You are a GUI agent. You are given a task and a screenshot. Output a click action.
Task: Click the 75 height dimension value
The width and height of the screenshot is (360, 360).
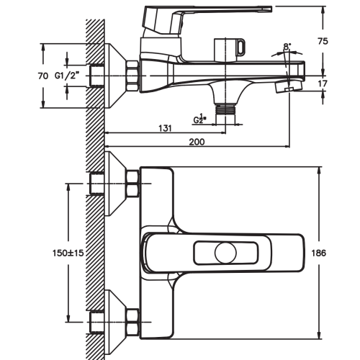tap(323, 41)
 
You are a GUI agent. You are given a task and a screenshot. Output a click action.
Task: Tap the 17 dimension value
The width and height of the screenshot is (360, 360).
tap(323, 84)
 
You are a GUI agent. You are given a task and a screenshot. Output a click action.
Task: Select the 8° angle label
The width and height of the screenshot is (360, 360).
tap(287, 46)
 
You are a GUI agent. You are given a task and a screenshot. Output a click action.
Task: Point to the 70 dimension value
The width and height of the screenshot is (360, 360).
tap(43, 76)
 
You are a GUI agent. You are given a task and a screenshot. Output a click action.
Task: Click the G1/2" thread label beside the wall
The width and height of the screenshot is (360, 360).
tap(67, 76)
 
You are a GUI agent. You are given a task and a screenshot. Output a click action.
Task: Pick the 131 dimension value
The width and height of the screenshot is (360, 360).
tap(165, 128)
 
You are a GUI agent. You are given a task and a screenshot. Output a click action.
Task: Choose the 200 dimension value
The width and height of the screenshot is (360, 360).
tap(197, 142)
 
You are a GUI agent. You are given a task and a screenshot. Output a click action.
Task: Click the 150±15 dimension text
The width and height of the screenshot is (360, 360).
tap(68, 253)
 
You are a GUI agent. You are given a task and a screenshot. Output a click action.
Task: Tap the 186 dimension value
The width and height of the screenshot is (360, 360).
tap(319, 253)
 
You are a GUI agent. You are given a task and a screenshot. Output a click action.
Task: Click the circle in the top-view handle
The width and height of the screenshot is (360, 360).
tap(225, 253)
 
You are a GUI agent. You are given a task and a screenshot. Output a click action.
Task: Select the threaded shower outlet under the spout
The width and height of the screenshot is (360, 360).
tap(225, 109)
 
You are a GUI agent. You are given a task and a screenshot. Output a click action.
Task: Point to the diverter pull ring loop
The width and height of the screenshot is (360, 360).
tap(241, 47)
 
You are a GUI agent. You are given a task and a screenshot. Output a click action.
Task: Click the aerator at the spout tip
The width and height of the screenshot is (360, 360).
tap(288, 87)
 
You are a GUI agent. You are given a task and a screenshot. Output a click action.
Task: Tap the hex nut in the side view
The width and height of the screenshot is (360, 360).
tap(132, 76)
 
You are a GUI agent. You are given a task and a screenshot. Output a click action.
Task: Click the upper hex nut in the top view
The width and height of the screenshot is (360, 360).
tap(132, 184)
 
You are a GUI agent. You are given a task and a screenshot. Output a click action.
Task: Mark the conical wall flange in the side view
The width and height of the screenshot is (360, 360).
tap(115, 76)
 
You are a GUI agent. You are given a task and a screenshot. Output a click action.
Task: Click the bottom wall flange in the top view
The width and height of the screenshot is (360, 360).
tap(115, 322)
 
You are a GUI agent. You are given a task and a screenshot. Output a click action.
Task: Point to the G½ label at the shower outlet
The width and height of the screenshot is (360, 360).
tap(199, 119)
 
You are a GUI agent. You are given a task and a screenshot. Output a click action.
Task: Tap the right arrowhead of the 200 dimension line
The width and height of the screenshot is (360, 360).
tap(287, 146)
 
